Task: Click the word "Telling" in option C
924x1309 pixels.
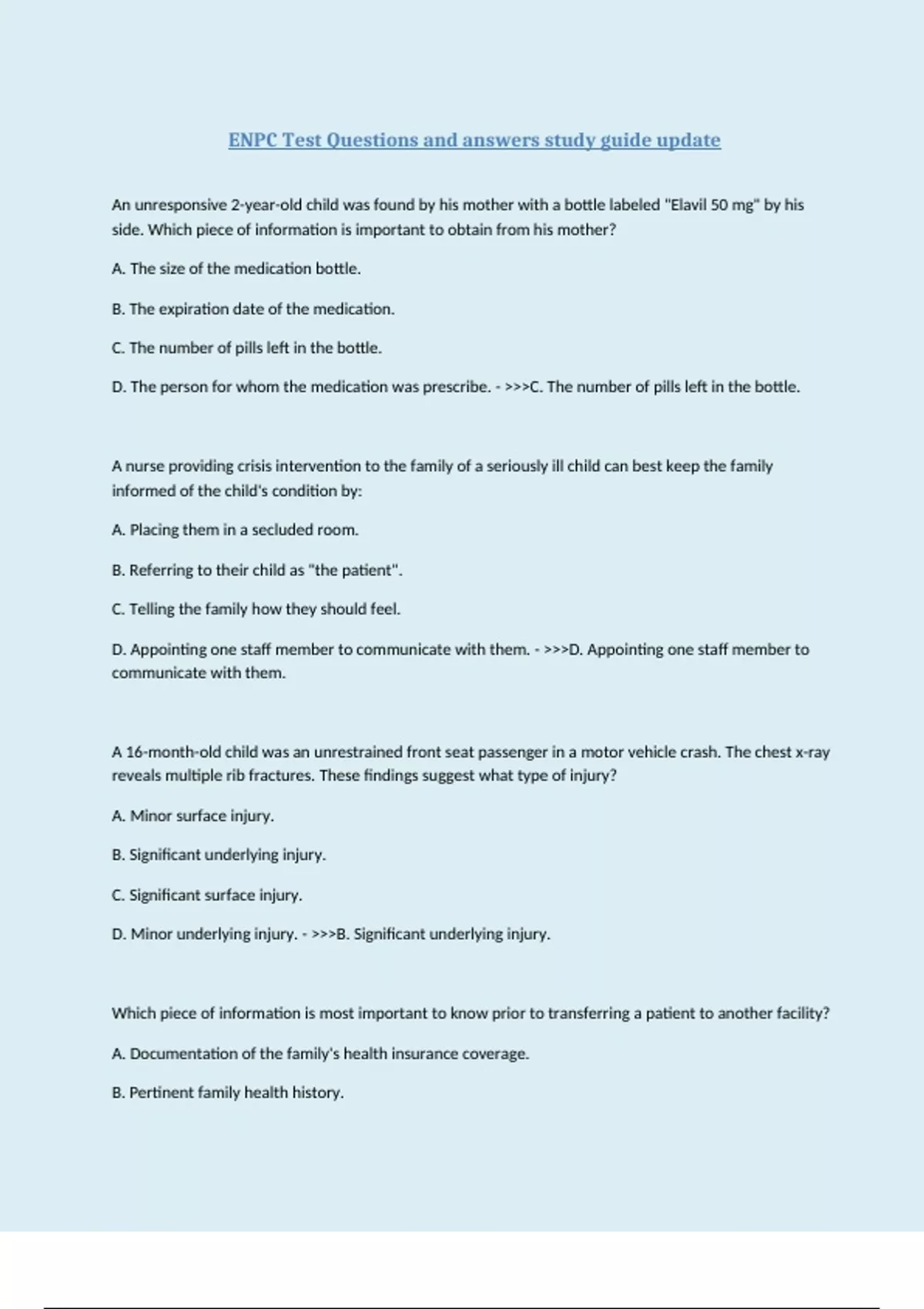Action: tap(152, 609)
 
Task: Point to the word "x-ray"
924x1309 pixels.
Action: tap(812, 752)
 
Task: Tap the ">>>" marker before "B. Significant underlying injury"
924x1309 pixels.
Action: tap(323, 934)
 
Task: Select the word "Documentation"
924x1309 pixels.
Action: tap(183, 1053)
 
